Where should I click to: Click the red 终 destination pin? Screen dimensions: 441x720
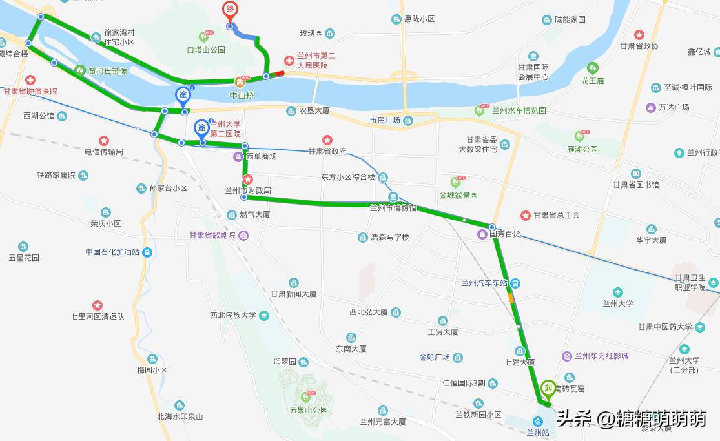click(x=229, y=10)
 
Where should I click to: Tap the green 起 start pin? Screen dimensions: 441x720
click(x=548, y=387)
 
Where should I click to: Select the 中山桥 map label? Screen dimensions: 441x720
click(x=242, y=95)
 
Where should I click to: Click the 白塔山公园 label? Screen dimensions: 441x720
click(x=206, y=50)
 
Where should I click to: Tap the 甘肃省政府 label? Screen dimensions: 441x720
click(x=327, y=152)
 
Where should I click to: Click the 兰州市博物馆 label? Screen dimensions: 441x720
click(x=393, y=208)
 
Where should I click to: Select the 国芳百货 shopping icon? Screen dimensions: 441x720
click(x=482, y=234)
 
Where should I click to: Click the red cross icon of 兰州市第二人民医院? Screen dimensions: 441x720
click(x=289, y=61)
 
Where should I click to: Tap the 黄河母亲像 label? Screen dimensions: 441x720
click(x=108, y=71)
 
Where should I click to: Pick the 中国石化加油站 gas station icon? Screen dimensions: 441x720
click(x=148, y=252)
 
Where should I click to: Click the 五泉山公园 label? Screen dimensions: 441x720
click(x=309, y=410)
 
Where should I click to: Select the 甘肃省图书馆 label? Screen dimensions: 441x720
click(x=636, y=185)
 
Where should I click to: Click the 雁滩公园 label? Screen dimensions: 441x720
click(x=582, y=149)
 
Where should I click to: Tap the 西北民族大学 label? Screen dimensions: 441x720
click(x=233, y=316)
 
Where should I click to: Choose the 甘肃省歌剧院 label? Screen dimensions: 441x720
click(x=212, y=236)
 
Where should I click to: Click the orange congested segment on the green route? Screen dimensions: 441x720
click(x=511, y=299)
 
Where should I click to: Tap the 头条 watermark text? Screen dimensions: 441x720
click(x=575, y=420)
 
